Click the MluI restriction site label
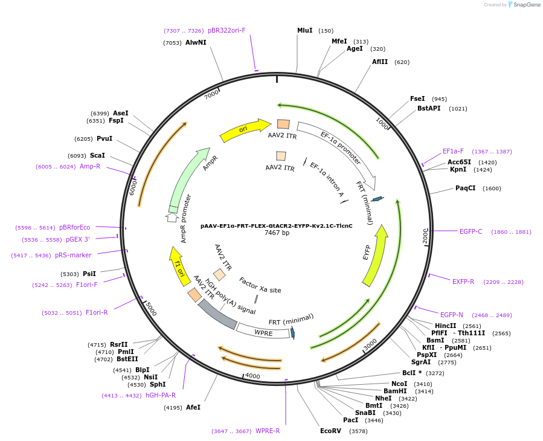[304, 30]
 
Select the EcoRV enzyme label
[330, 431]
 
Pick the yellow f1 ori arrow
[178, 265]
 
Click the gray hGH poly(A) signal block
[217, 314]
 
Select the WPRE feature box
[263, 332]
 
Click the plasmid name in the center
[276, 225]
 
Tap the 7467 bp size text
[277, 233]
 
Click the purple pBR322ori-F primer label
[227, 30]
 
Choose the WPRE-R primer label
[268, 431]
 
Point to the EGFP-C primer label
[471, 231]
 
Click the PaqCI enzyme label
[465, 188]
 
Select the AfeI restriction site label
[193, 407]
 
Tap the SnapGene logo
[524, 5]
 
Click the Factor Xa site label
[260, 286]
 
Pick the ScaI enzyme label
[97, 155]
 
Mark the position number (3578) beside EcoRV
[358, 431]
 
